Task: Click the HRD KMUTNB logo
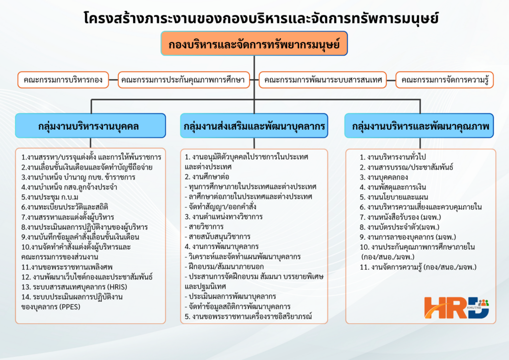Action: coord(456,307)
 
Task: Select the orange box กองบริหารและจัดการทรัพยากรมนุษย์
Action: coord(254,43)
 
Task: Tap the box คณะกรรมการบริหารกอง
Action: coord(63,80)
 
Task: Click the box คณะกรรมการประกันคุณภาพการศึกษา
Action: coord(184,80)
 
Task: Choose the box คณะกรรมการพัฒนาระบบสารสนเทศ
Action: coord(323,80)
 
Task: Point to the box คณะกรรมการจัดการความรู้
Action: coord(445,80)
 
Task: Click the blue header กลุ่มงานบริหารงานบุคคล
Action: coord(90,126)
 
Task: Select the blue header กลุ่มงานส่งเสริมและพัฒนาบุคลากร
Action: coord(254,126)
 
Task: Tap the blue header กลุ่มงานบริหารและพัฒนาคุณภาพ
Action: coord(419,126)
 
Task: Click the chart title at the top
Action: coord(261,18)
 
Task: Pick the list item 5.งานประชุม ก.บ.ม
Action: coord(50,197)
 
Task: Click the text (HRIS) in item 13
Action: coord(117,287)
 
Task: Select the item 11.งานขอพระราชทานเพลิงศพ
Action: coord(67,267)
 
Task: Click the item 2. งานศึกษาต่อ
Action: coord(207,177)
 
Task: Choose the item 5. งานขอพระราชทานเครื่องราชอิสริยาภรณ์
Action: coord(249,316)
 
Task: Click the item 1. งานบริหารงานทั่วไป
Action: coord(393,157)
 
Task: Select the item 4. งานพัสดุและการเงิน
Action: coord(393,187)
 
